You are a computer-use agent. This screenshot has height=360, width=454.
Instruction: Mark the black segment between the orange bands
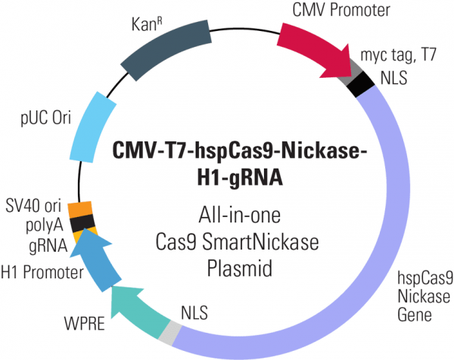pyautogui.click(x=81, y=220)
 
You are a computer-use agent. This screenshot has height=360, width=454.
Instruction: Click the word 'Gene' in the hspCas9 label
pyautogui.click(x=416, y=311)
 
